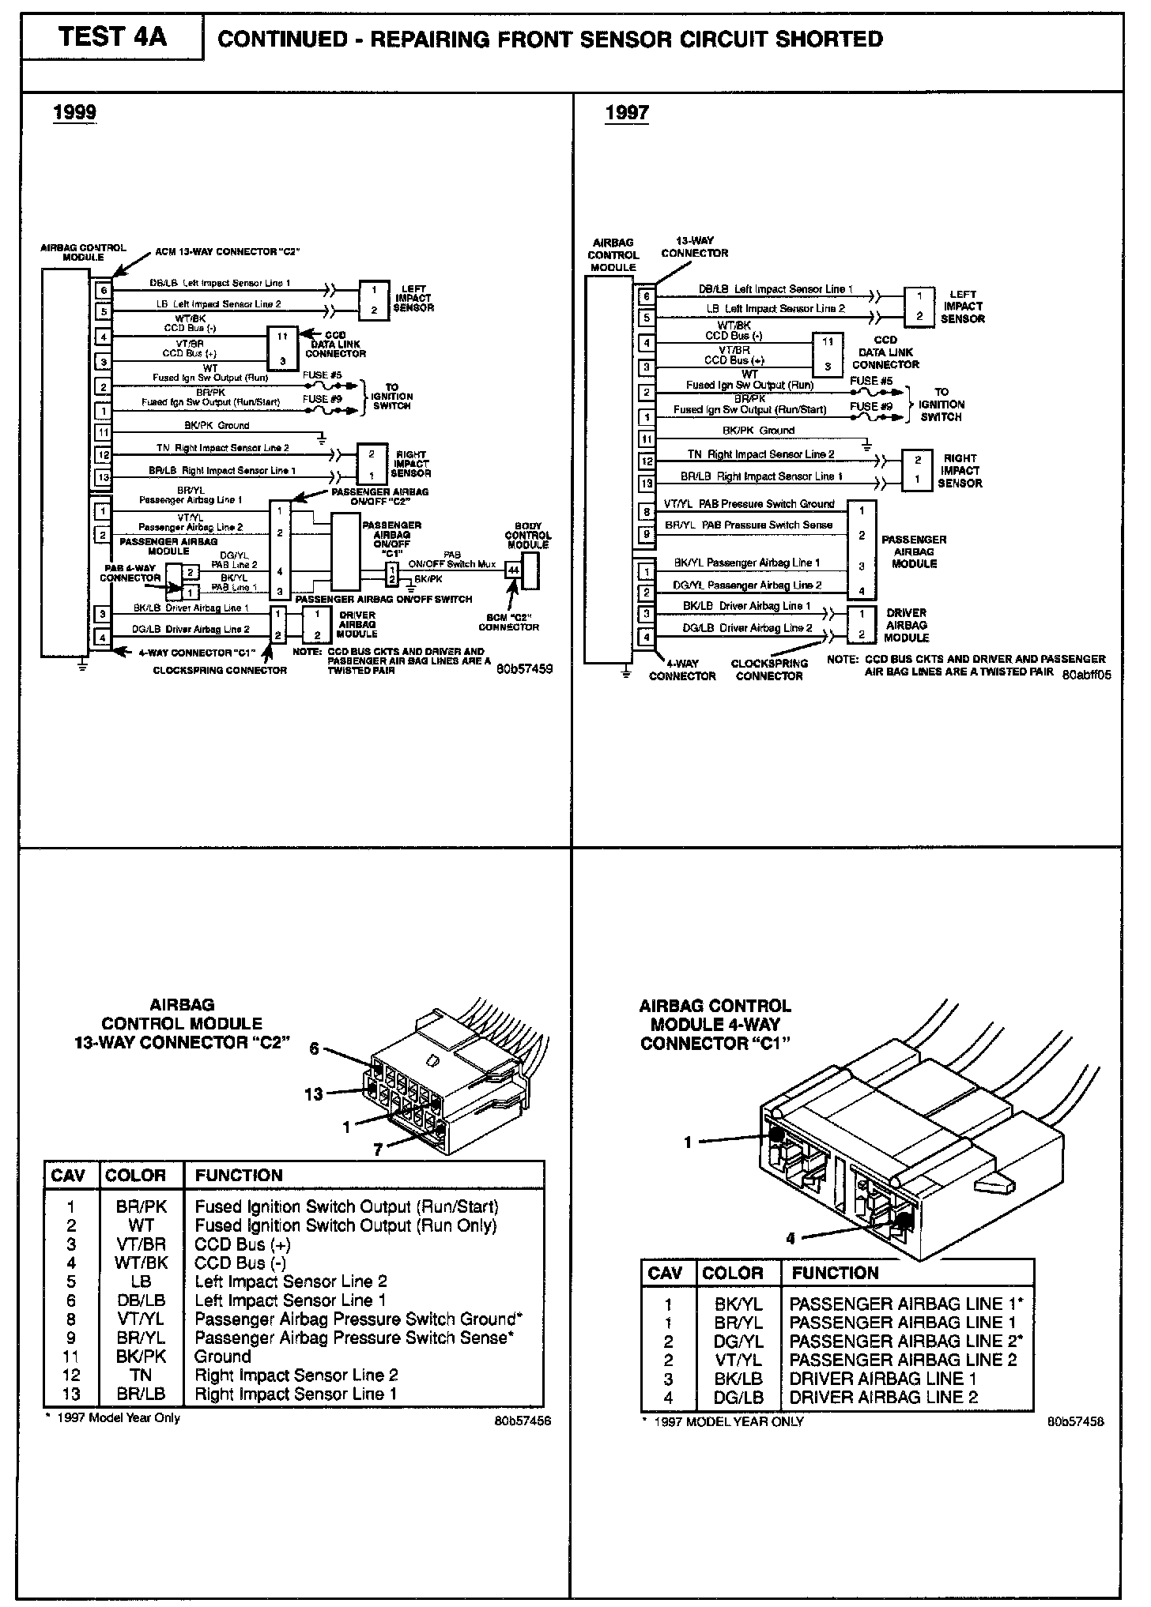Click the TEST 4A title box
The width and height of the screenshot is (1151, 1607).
point(111,37)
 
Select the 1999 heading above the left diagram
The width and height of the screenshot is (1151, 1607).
point(74,112)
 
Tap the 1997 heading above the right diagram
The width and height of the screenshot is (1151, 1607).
point(627,113)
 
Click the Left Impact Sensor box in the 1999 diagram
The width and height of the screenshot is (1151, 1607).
point(374,299)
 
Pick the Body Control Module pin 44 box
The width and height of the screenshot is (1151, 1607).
point(513,570)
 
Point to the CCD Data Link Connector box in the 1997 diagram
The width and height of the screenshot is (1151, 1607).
point(827,355)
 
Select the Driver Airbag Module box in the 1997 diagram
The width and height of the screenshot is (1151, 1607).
point(861,624)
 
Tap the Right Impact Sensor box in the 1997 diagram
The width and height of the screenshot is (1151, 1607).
point(917,470)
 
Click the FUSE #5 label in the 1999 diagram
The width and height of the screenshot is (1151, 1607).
point(323,374)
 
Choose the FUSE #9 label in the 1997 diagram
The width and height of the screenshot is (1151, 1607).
point(870,406)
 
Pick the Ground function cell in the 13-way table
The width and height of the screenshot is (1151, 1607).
point(223,1357)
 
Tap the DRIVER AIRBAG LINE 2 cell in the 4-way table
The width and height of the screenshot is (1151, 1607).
point(883,1397)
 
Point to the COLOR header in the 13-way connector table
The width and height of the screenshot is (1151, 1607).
point(136,1176)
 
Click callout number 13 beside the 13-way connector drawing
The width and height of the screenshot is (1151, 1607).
point(314,1094)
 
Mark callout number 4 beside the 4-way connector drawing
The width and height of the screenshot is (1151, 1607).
point(790,1239)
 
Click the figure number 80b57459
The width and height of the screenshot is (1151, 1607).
point(524,668)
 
